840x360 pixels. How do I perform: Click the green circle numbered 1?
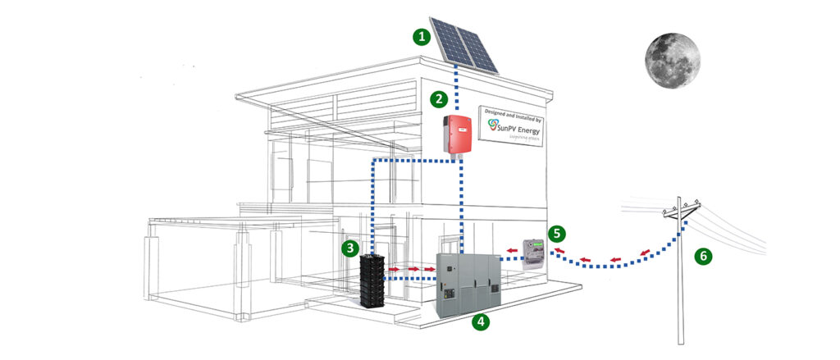(x=422, y=37)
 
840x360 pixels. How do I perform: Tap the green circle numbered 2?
(x=440, y=99)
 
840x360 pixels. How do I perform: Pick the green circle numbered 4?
(x=481, y=321)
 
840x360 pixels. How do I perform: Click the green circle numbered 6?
(x=703, y=256)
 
